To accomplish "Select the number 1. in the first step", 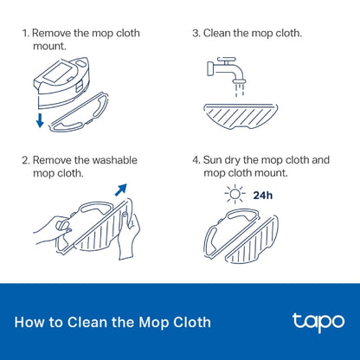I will (x=26, y=33).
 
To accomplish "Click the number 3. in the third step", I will (x=196, y=33).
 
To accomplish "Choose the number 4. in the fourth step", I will (x=196, y=160).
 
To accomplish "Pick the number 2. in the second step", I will (x=26, y=160).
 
